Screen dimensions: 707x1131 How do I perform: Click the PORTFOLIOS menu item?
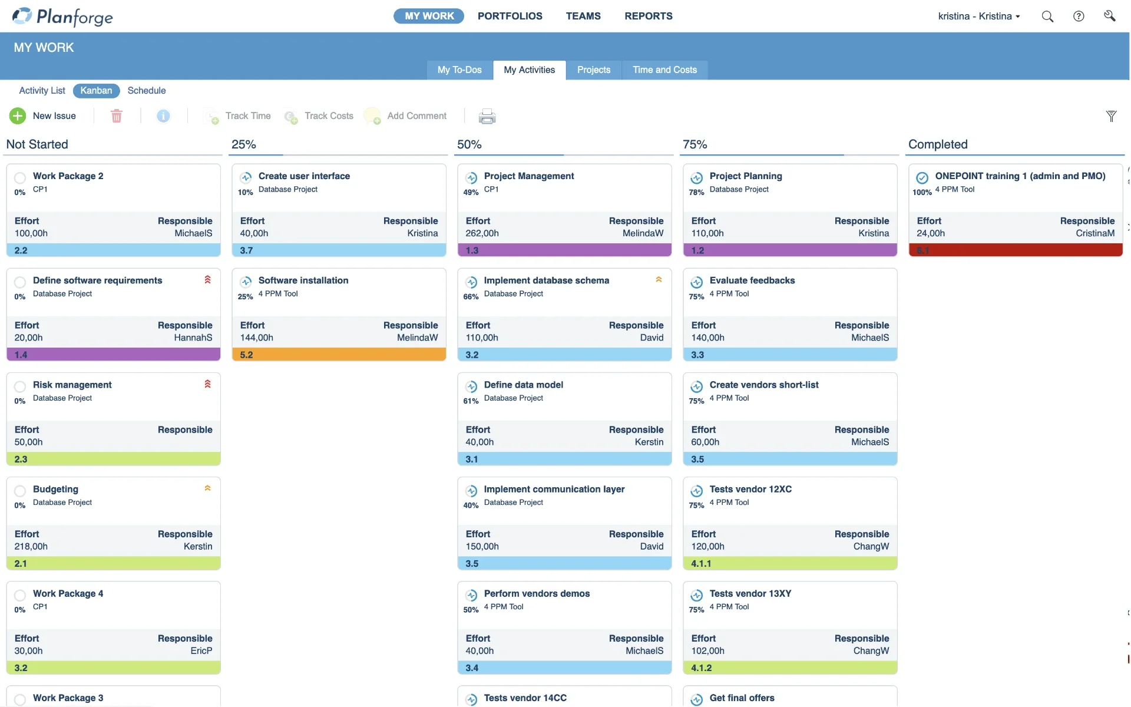[510, 16]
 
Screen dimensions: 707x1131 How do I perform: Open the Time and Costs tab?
[664, 70]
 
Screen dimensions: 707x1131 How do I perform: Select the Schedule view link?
[146, 90]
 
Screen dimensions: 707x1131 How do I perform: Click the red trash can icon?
[117, 116]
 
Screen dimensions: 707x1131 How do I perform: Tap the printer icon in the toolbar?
[487, 116]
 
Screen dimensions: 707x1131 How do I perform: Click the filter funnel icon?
[1111, 116]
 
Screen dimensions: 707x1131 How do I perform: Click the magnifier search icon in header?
[1047, 16]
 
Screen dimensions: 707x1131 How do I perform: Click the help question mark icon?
[1079, 16]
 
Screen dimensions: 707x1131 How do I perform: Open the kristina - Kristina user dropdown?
[978, 16]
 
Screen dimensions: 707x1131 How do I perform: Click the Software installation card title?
[303, 280]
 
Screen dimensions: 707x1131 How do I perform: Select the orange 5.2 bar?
[339, 355]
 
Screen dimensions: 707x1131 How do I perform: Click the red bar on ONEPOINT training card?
[1016, 250]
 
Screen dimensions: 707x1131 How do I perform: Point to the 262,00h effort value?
[482, 233]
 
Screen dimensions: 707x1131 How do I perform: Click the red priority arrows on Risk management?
[207, 384]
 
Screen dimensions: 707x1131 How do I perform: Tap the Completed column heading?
[938, 144]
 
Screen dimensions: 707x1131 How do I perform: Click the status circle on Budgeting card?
[20, 491]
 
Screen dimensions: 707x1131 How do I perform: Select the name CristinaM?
[1094, 233]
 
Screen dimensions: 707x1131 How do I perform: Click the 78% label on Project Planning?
[696, 192]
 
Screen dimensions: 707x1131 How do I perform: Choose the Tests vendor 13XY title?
[750, 593]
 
